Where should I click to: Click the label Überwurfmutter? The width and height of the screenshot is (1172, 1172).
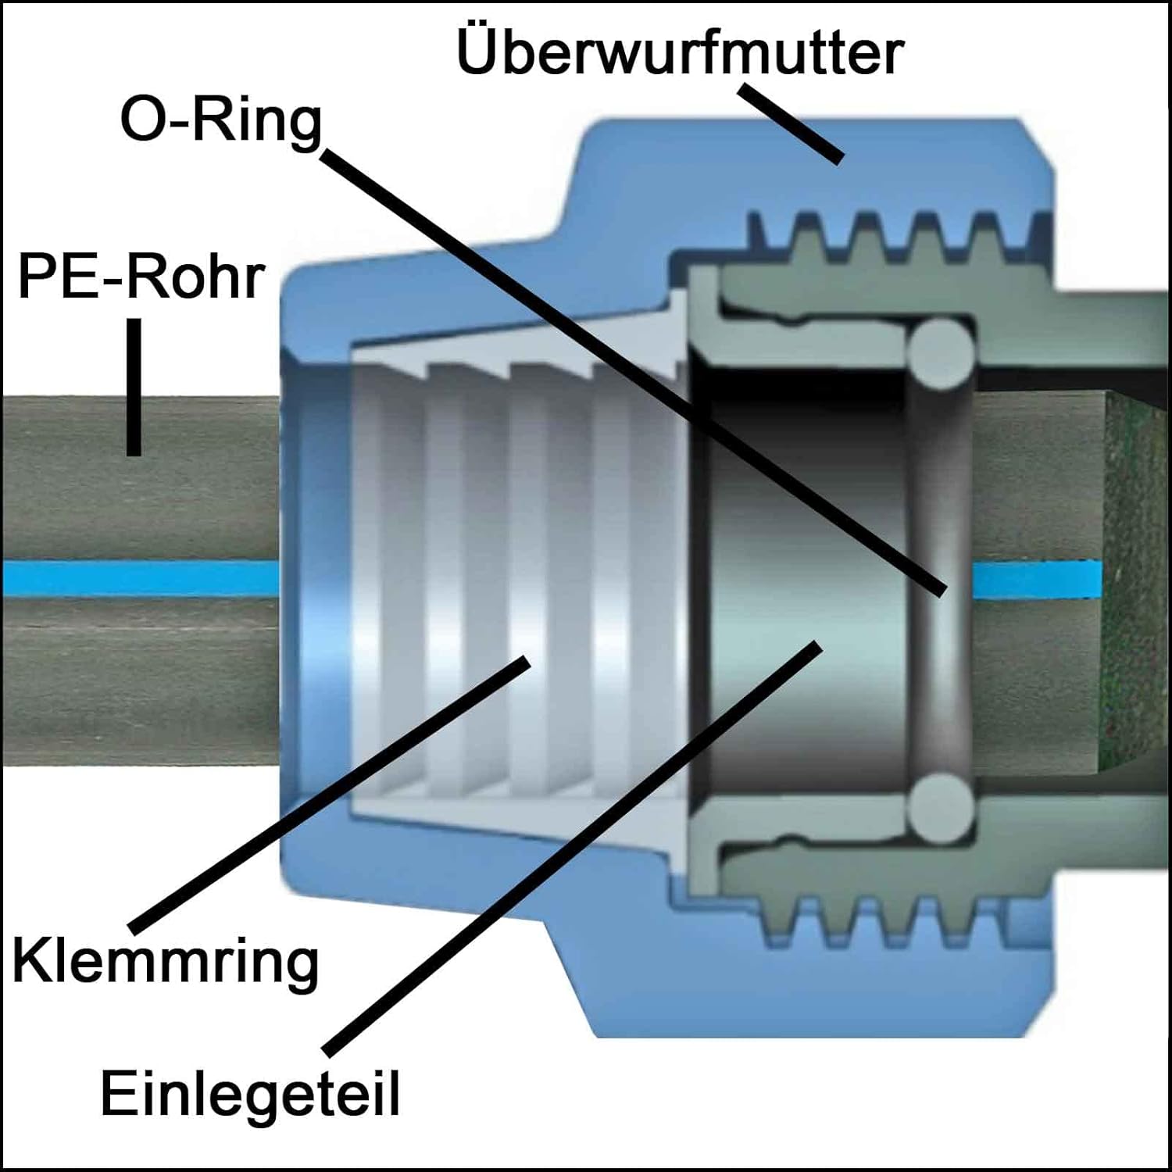[680, 53]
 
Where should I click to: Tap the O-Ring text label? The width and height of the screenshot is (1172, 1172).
[221, 121]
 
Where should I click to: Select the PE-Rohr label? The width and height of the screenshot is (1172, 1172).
[141, 277]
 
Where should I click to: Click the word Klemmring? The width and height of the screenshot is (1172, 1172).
[166, 963]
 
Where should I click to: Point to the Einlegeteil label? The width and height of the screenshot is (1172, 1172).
[250, 1094]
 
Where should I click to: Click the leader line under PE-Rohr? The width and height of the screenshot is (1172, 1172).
[134, 387]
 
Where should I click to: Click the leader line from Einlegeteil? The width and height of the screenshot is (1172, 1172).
[570, 848]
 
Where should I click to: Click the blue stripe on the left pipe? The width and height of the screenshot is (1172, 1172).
[141, 578]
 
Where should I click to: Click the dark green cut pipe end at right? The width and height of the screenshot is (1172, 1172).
[1133, 578]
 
